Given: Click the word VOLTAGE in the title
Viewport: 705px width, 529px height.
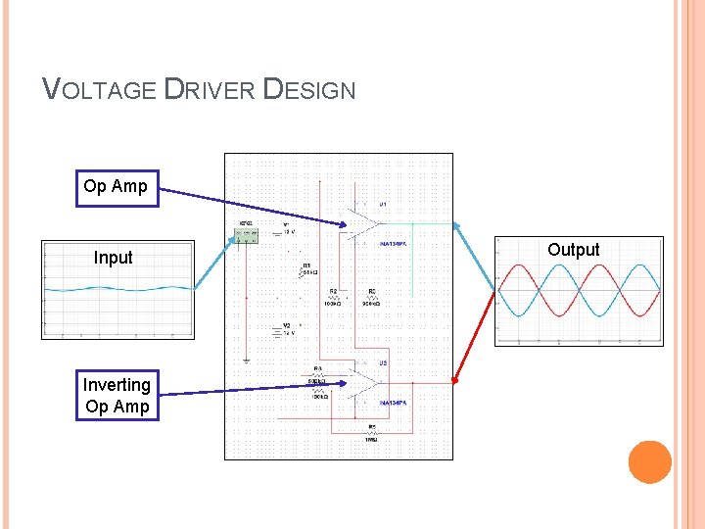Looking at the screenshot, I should pos(99,91).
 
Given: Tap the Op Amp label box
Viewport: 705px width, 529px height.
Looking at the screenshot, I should pos(116,186).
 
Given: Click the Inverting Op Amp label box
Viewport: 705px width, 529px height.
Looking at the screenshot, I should pos(117,396).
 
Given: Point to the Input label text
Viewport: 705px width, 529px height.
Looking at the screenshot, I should pos(113,258).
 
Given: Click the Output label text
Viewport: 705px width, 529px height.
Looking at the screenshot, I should pos(573,250).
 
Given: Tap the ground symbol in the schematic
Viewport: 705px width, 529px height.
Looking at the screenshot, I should pos(246,360).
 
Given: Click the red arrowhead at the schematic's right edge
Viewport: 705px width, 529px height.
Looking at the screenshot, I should pos(454,381).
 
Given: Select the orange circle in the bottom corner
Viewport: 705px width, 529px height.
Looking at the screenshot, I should pos(649,461).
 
